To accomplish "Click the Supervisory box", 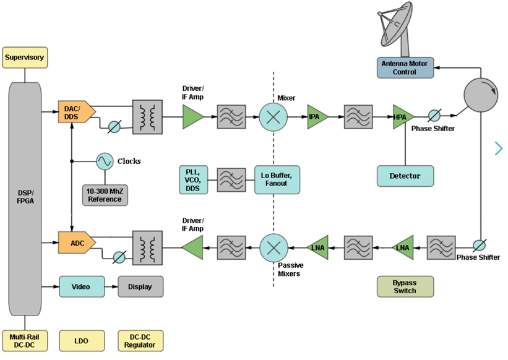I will pyautogui.click(x=25, y=58).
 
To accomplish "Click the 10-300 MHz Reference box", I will pyautogui.click(x=105, y=195).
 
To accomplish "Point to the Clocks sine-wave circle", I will pyautogui.click(x=104, y=161).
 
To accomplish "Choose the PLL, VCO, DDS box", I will pyautogui.click(x=192, y=179).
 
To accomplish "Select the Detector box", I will pyautogui.click(x=405, y=176).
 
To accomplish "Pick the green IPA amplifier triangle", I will pyautogui.click(x=317, y=116).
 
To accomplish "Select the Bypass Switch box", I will pyautogui.click(x=405, y=286).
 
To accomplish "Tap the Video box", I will pyautogui.click(x=80, y=286).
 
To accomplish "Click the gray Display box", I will pyautogui.click(x=140, y=286).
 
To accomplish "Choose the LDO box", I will pyautogui.click(x=80, y=340).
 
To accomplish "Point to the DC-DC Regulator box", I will pyautogui.click(x=140, y=340).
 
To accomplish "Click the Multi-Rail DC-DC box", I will pyautogui.click(x=25, y=340).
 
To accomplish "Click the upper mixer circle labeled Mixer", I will pyautogui.click(x=273, y=116).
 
